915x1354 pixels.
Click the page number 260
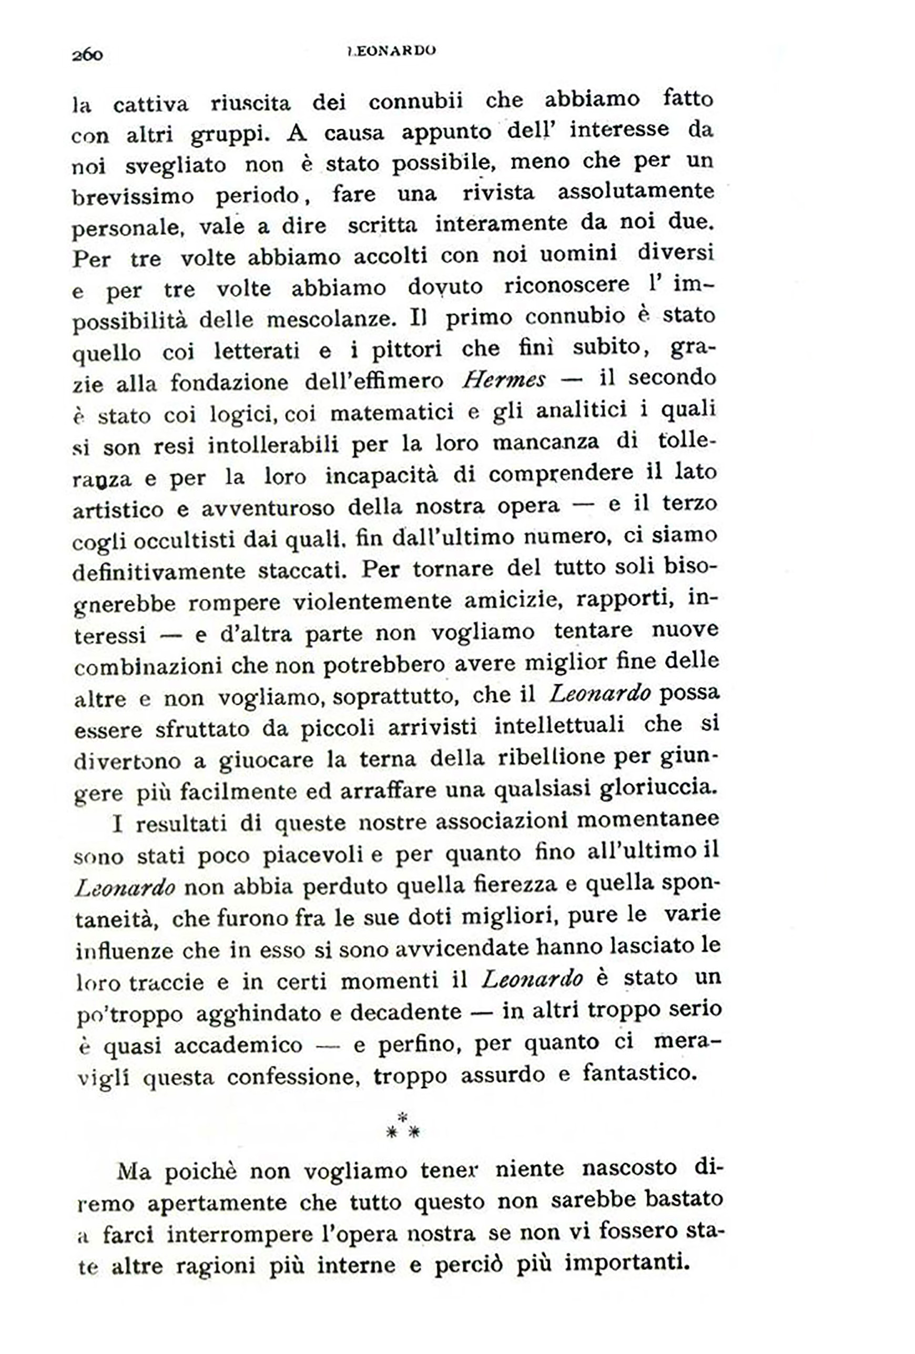[x=87, y=55]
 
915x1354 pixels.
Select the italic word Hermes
[x=504, y=381]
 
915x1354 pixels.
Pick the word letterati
[x=257, y=351]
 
